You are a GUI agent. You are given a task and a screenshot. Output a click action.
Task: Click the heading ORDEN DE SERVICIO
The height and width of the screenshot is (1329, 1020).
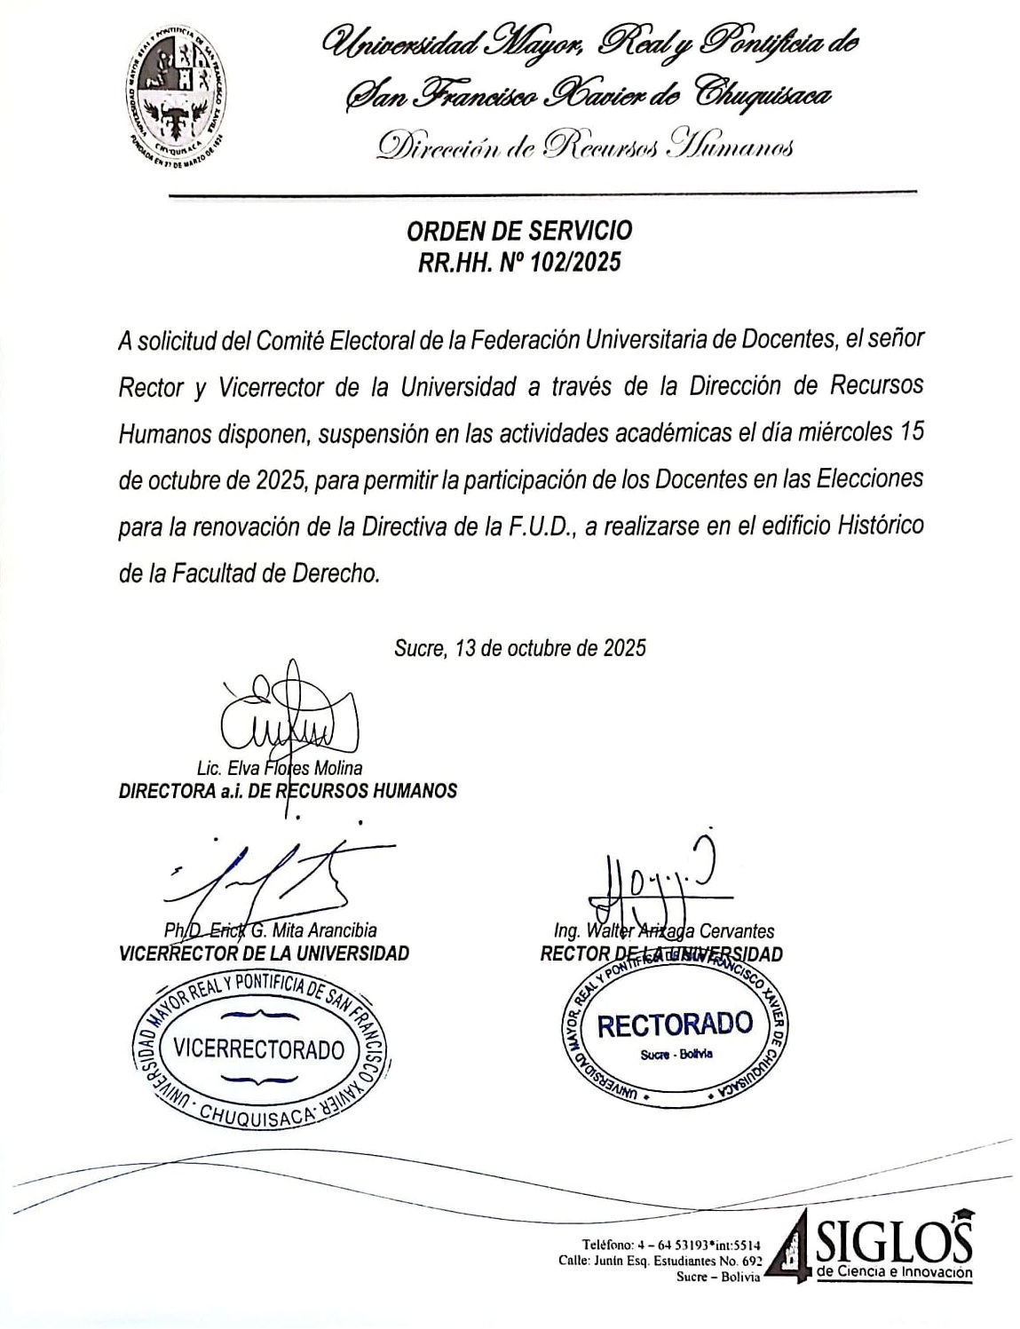click(519, 231)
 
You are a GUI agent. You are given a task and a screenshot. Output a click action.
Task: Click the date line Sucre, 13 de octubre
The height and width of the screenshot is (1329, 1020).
click(519, 648)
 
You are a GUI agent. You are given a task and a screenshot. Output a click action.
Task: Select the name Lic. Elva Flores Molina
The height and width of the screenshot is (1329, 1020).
click(280, 769)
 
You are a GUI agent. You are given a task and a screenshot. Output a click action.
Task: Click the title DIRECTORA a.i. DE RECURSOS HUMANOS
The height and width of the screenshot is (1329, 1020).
click(288, 791)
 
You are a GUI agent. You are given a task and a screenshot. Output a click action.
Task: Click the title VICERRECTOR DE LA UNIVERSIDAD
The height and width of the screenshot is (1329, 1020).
click(264, 954)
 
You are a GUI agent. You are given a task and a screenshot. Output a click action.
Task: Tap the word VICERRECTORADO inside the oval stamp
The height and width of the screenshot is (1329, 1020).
click(259, 1050)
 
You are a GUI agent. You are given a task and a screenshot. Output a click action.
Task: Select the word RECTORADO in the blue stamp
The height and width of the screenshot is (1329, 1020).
click(675, 1025)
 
